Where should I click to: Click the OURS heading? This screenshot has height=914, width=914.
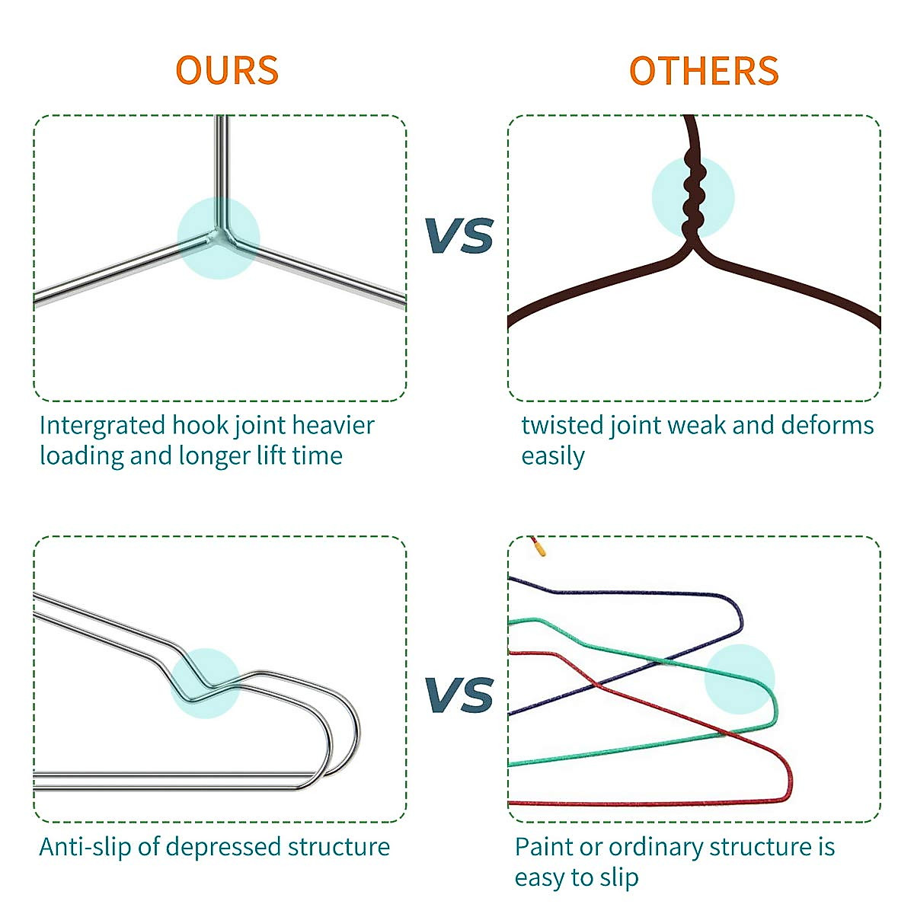(x=227, y=70)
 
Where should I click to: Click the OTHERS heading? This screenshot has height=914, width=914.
(x=703, y=71)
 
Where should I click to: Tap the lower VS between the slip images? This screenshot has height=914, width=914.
(x=459, y=695)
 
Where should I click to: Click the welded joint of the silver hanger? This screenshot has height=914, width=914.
(x=220, y=237)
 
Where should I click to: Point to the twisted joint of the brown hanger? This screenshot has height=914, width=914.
(x=692, y=197)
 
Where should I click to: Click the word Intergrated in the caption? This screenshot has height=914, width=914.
(x=102, y=425)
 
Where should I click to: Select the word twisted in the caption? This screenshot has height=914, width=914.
(x=562, y=425)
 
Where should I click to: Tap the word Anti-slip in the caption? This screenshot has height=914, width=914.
(x=85, y=846)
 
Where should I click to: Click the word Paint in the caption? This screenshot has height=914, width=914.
(x=543, y=846)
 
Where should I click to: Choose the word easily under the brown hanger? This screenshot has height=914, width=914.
(x=552, y=456)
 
